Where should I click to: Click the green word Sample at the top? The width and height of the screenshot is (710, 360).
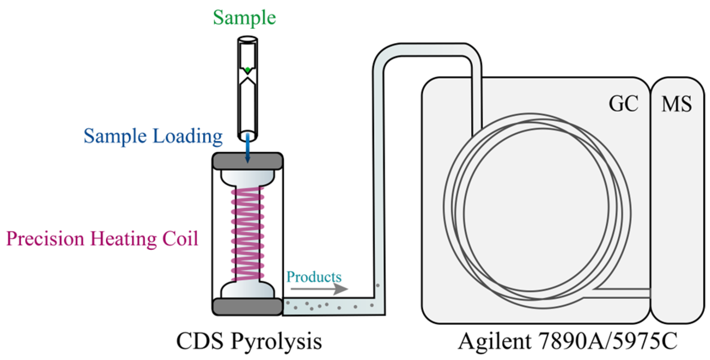[x=244, y=18]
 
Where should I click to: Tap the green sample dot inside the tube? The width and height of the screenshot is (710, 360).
[x=248, y=70]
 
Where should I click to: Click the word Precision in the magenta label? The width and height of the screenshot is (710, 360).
[x=45, y=239]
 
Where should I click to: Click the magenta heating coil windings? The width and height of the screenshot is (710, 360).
[x=248, y=233]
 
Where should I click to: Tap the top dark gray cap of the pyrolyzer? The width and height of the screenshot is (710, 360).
[x=248, y=161]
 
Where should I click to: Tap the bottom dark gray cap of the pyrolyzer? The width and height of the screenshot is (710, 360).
[x=248, y=307]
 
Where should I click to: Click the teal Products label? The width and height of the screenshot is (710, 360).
[x=314, y=277]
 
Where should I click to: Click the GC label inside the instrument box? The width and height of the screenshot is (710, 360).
[x=623, y=104]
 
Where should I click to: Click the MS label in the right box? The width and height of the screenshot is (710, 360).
[x=677, y=104]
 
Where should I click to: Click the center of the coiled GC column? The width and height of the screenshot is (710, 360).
[x=536, y=210]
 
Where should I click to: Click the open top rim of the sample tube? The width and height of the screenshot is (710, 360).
[x=248, y=39]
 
